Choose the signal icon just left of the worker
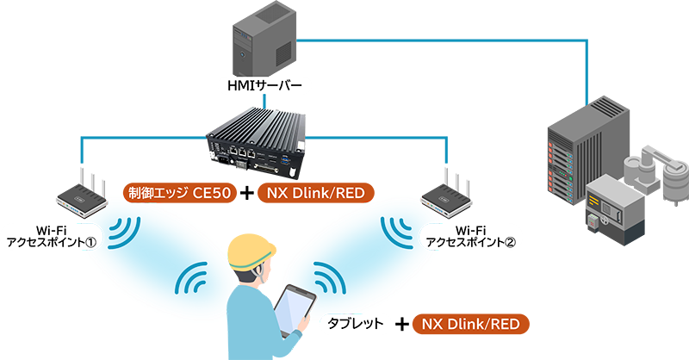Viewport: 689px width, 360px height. click(194, 282)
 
